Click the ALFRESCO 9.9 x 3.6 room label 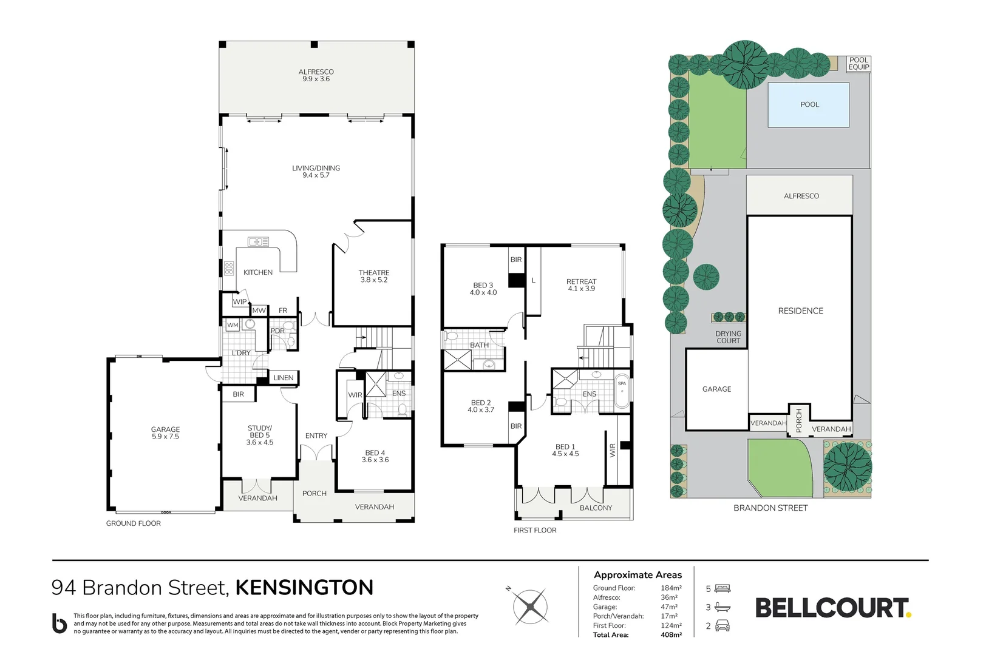316,75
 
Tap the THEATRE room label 374,276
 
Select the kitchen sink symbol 258,242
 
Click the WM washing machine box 233,325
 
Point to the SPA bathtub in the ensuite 622,394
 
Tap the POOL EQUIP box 858,63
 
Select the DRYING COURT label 728,337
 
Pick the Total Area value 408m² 671,635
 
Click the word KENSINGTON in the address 304,588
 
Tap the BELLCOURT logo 832,608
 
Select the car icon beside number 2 722,626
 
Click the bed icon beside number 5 722,588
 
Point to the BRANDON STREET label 770,508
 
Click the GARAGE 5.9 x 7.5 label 165,432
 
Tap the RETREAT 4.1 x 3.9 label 581,285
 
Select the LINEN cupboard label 283,378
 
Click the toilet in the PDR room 290,341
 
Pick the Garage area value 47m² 669,606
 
